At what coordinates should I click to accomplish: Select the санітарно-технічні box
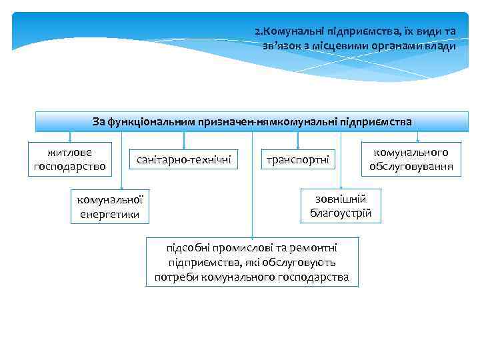click(183, 159)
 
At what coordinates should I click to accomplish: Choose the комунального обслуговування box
click(411, 159)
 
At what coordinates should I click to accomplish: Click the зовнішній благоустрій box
click(341, 206)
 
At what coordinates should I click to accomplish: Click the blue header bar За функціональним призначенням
click(252, 121)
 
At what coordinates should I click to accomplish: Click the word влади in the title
click(441, 46)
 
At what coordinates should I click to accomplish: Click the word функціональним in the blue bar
click(149, 121)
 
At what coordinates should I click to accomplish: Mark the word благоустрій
click(341, 213)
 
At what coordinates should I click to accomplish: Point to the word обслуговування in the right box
click(411, 167)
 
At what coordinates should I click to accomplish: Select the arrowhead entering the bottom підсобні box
click(252, 235)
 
